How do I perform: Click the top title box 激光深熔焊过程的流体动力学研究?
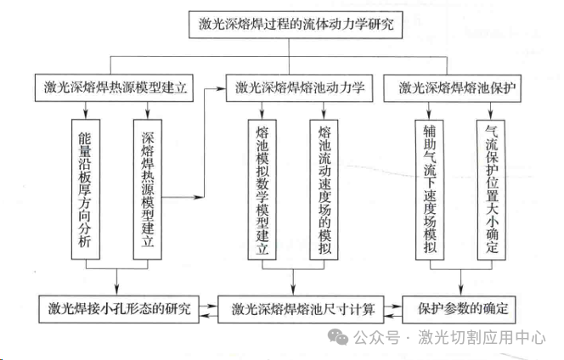tap(296, 25)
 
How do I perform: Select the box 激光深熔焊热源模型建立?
tap(114, 87)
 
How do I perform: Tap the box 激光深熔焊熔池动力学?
tap(299, 88)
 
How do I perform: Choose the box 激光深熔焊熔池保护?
tap(453, 88)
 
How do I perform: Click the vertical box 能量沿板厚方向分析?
tap(86, 189)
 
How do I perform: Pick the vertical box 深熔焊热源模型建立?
tap(148, 189)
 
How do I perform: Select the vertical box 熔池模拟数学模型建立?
tap(262, 189)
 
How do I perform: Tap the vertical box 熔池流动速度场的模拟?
tap(324, 189)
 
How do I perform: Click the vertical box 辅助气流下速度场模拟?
tap(430, 189)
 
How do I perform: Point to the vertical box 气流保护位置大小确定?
tap(491, 189)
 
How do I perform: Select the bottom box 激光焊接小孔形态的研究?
tap(119, 309)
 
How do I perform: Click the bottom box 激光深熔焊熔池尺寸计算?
tap(301, 309)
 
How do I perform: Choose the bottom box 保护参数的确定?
tap(459, 309)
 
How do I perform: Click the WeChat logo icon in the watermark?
tap(338, 337)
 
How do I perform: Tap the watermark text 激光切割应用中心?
tap(482, 337)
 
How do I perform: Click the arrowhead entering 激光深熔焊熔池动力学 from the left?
tap(221, 88)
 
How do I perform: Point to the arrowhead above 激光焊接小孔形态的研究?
tap(116, 290)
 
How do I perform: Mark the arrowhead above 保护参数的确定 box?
tap(461, 290)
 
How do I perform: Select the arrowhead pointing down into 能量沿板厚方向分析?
tap(86, 115)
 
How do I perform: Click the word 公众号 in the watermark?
tap(376, 337)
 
